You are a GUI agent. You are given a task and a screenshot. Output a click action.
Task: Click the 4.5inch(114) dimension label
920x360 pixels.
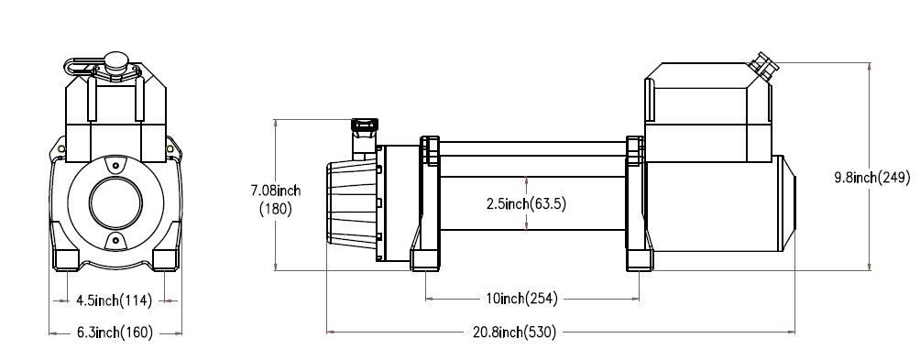click(x=114, y=300)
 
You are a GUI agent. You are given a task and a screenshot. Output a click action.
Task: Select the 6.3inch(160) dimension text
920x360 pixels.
click(x=115, y=333)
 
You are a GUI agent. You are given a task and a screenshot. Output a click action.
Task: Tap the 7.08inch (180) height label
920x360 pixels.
click(x=276, y=200)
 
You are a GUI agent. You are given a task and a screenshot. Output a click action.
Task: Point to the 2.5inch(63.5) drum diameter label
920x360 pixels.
click(x=526, y=204)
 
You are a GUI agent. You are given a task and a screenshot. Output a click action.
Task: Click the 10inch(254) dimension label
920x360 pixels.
click(x=521, y=299)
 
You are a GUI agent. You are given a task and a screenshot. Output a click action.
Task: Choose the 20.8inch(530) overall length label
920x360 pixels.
click(x=514, y=333)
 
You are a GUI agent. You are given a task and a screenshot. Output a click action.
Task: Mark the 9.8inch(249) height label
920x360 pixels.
click(x=872, y=177)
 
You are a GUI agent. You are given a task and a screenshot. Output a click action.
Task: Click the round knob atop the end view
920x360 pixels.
click(x=115, y=60)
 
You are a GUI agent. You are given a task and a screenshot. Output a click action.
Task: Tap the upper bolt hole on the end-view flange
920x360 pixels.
click(x=115, y=167)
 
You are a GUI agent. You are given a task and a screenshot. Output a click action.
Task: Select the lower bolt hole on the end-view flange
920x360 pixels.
click(x=115, y=240)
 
